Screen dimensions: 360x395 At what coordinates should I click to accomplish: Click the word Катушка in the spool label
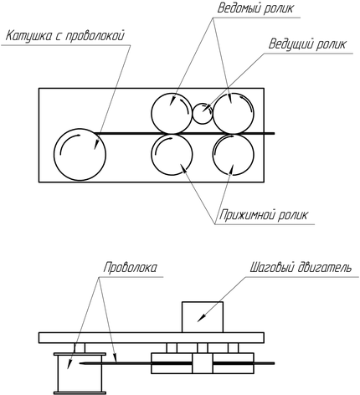(28, 36)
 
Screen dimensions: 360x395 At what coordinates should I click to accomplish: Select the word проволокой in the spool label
(95, 36)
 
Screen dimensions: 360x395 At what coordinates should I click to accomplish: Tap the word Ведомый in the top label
(240, 8)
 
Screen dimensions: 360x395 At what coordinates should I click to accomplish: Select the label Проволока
(130, 268)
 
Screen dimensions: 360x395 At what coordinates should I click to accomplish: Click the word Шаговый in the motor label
(270, 268)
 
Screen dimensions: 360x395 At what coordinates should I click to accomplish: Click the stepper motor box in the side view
(203, 317)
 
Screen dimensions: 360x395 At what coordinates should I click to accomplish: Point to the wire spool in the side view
(80, 373)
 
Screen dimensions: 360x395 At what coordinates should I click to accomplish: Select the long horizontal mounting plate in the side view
(152, 337)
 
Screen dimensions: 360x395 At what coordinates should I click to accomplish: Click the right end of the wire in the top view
(275, 133)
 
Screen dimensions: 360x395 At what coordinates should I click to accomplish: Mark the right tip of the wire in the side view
(275, 363)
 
